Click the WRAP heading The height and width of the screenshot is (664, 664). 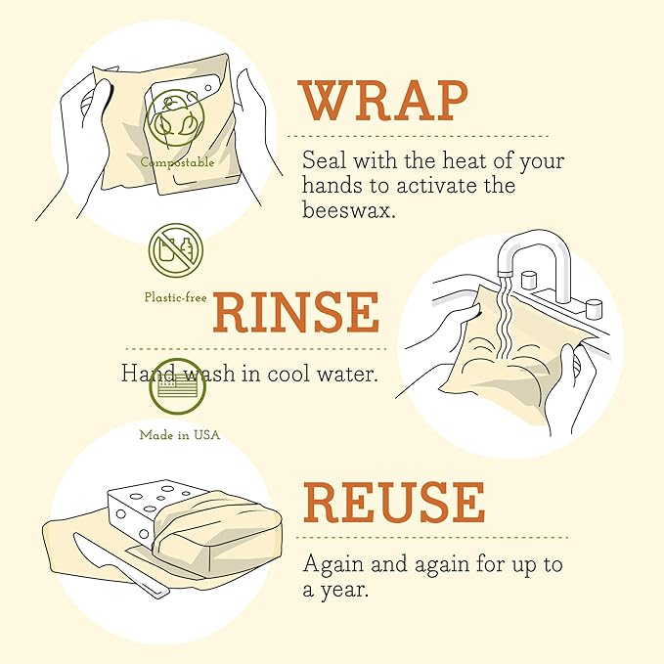pos(383,101)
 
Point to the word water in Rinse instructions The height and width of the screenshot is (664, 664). pos(348,374)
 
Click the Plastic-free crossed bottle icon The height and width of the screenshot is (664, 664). pos(176,251)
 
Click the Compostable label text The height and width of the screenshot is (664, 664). pos(177,163)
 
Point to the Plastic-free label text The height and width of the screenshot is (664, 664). pos(175,297)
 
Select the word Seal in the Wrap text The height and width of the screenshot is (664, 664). pos(323,160)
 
